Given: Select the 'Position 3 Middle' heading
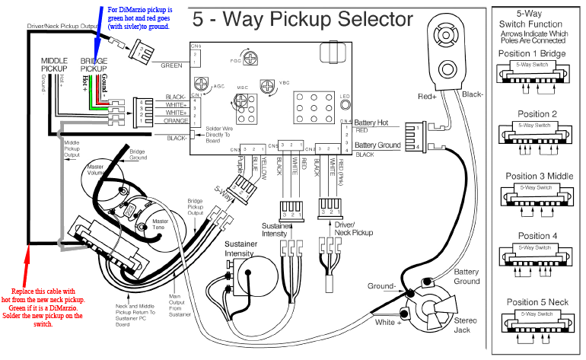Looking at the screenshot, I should point(539,176).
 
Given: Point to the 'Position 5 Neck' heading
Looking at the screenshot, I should point(538,301).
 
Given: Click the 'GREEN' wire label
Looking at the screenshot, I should point(170,65).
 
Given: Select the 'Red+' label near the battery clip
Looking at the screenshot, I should point(427,97).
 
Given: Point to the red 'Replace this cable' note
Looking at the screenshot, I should point(47,307).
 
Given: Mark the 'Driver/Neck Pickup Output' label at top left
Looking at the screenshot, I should point(62,26).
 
